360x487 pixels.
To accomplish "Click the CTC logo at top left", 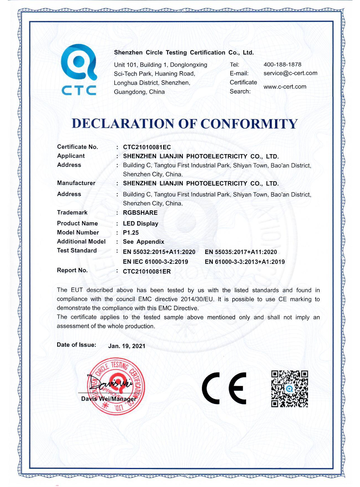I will pyautogui.click(x=79, y=70).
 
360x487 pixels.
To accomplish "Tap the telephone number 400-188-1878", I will pyautogui.click(x=282, y=65).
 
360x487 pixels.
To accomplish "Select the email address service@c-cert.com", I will pyautogui.click(x=290, y=73).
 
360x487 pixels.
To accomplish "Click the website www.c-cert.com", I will pyautogui.click(x=285, y=87).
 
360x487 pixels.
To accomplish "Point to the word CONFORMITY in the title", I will pyautogui.click(x=249, y=124).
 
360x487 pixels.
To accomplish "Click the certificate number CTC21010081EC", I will pyautogui.click(x=147, y=147).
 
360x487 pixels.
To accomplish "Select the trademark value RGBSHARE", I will pyautogui.click(x=140, y=213).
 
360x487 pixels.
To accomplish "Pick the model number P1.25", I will pyautogui.click(x=131, y=233).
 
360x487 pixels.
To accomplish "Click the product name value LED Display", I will pyautogui.click(x=141, y=224).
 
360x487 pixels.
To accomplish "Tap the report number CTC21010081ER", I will pyautogui.click(x=147, y=272).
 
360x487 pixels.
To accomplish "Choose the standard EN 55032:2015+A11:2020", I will pyautogui.click(x=159, y=252).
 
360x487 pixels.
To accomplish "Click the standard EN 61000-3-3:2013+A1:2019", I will pyautogui.click(x=245, y=262).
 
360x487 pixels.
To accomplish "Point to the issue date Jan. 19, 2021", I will pyautogui.click(x=127, y=346).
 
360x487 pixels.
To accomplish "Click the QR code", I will pyautogui.click(x=290, y=389).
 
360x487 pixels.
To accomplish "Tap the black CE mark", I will pyautogui.click(x=224, y=388).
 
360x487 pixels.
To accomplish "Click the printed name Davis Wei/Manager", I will pyautogui.click(x=109, y=399).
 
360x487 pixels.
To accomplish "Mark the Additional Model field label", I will pyautogui.click(x=81, y=241).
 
